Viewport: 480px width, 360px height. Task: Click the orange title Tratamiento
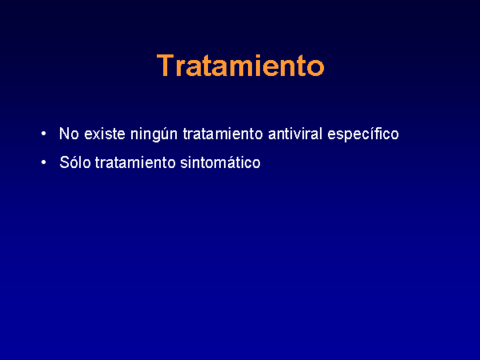[x=240, y=66]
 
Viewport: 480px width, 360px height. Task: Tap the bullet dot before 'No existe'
[x=43, y=134]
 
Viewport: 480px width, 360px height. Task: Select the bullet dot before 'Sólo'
[x=43, y=162]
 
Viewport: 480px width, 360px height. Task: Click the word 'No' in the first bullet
[x=69, y=134]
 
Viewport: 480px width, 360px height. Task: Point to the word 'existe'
[x=105, y=134]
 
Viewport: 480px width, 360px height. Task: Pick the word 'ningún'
[x=154, y=134]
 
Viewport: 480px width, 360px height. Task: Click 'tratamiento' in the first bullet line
[x=222, y=134]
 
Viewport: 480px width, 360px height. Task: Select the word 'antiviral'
[x=295, y=134]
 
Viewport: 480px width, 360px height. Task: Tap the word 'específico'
[x=363, y=134]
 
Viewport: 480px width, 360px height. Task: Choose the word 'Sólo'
[x=75, y=162]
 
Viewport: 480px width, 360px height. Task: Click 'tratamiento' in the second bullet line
[x=135, y=162]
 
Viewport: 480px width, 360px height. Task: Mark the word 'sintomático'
[x=221, y=162]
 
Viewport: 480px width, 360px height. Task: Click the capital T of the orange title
[x=166, y=66]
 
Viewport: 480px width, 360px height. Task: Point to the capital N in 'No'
[x=64, y=134]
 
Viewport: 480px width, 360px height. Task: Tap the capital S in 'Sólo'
[x=65, y=162]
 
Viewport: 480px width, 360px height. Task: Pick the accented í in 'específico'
[x=374, y=134]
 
